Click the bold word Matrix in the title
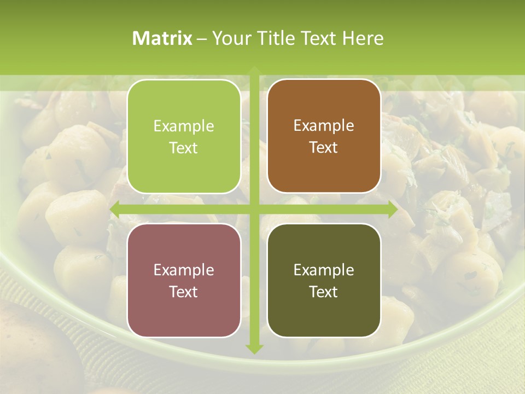162,38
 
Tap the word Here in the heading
363,38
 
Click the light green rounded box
184,136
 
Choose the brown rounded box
324,136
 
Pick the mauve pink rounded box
184,280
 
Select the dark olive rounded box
324,280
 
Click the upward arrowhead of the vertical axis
254,71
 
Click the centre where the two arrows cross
254,209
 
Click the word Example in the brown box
324,125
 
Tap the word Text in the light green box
184,148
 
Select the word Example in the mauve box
184,270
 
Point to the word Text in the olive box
324,292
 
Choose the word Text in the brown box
324,148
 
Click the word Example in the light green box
184,126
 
